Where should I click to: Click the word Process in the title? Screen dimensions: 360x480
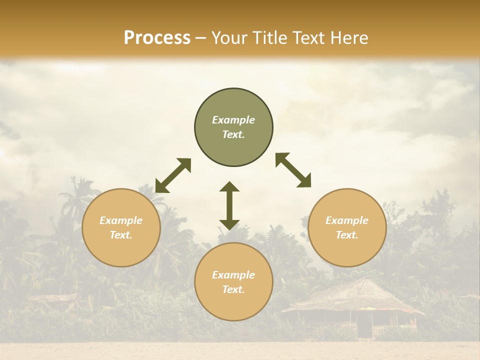157,38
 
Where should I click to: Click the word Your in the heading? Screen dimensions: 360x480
229,38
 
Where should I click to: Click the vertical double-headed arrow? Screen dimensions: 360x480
229,205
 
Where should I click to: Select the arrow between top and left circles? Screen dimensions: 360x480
173,175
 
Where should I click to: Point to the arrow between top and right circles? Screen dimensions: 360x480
293,170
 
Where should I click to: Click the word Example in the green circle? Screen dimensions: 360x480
233,120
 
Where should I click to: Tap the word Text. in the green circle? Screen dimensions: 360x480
233,134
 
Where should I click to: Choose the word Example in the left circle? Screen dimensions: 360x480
121,220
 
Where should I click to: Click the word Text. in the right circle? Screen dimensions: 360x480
347,235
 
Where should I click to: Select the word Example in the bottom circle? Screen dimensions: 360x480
233,275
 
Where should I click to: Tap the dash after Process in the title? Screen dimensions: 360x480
200,38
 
